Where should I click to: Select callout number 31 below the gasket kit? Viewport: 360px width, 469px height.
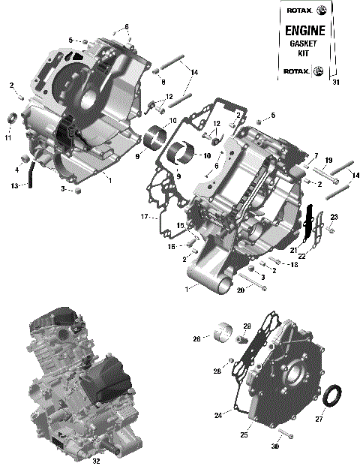[x=335, y=83]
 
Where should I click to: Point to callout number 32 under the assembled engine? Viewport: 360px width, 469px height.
[x=95, y=461]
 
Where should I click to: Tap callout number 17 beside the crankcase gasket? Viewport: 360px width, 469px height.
[x=144, y=218]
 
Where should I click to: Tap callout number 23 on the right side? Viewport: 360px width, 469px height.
[x=334, y=217]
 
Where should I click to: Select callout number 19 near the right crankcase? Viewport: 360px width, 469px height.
[x=328, y=160]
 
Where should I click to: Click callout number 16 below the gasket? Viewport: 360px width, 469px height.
[x=171, y=246]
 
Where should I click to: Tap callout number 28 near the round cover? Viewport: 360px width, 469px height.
[x=216, y=371]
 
